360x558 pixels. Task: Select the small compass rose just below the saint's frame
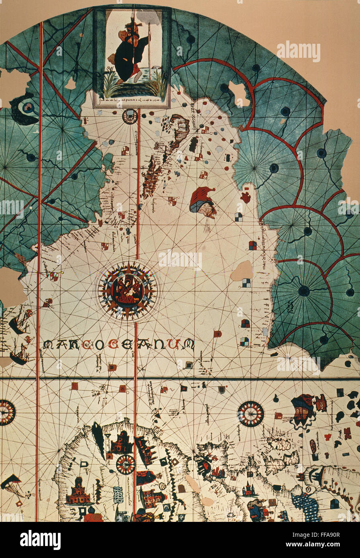[130, 116]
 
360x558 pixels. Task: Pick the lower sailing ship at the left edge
[19, 354]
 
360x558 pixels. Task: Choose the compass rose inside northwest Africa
[126, 464]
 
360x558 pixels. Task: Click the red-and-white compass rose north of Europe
[250, 413]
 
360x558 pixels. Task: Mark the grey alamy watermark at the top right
[298, 51]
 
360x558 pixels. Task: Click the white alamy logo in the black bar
[40, 540]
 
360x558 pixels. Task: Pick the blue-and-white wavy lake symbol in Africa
[118, 495]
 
